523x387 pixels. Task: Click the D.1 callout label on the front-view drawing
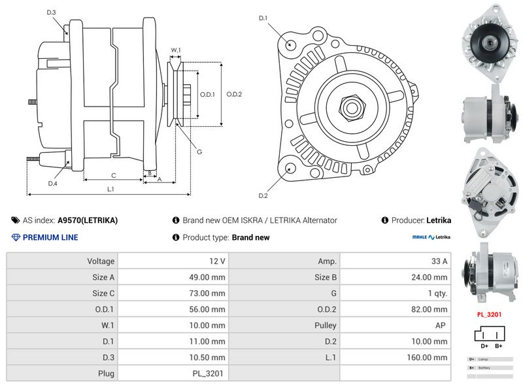point(263,18)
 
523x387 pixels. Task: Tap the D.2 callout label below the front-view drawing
point(263,195)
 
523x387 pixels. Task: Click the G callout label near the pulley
point(199,152)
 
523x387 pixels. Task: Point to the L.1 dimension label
point(110,190)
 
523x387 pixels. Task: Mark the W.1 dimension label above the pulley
point(176,50)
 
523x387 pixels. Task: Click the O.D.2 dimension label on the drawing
point(234,94)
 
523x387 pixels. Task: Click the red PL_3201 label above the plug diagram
point(489,314)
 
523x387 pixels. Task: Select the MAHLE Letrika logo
point(431,238)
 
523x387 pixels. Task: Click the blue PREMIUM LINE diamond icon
point(16,237)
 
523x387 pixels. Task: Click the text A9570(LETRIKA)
point(88,220)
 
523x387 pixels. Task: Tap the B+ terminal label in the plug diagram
point(498,345)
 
